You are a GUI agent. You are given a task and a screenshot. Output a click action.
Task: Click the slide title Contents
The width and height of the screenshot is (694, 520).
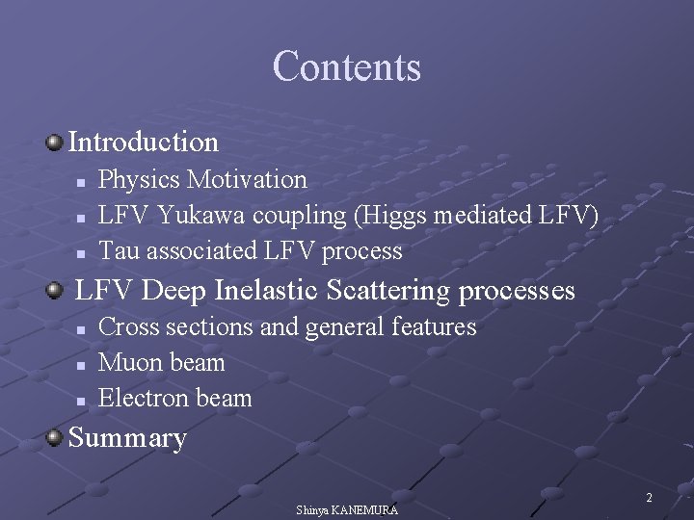tap(347, 66)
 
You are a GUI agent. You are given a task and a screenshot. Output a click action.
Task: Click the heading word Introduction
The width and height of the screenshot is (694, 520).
tap(144, 143)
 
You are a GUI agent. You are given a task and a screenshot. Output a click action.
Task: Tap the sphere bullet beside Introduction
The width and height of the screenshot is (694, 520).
tap(55, 143)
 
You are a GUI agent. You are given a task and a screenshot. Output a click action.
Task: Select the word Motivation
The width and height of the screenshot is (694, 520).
tap(248, 179)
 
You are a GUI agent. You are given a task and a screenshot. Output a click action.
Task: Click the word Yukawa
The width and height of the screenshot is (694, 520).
tap(200, 215)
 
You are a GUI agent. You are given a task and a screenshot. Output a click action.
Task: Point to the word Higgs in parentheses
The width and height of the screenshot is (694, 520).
tap(395, 215)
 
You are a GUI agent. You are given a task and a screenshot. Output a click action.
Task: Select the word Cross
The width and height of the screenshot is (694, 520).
tap(129, 327)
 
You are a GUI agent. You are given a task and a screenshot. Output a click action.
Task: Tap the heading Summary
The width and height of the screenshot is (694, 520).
tap(127, 438)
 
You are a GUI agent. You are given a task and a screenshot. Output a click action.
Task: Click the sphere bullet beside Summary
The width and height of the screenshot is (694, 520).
tap(55, 438)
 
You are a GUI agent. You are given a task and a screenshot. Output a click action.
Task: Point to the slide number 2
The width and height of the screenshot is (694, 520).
tap(649, 498)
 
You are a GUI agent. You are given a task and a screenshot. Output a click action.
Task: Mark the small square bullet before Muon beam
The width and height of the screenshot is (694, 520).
tap(82, 365)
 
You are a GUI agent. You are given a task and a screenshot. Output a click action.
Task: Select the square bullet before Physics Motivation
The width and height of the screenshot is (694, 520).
tap(82, 181)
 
